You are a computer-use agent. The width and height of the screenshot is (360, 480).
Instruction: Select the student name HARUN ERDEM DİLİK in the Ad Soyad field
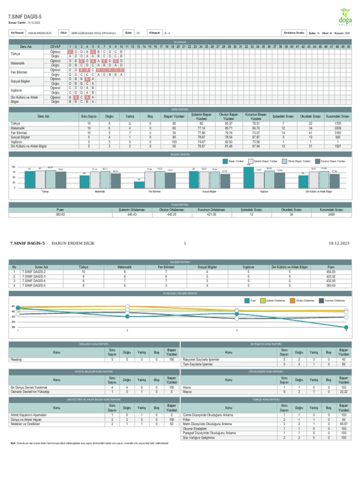tap(39, 33)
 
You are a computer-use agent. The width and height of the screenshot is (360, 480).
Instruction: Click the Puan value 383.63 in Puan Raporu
tap(60, 214)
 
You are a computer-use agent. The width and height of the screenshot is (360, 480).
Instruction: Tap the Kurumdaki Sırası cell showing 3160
tap(338, 133)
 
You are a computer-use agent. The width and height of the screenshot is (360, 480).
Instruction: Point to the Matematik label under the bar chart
tap(99, 192)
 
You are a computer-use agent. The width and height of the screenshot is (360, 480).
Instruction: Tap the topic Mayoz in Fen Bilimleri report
tap(187, 391)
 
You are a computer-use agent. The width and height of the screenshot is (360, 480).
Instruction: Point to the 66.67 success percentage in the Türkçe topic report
tap(344, 424)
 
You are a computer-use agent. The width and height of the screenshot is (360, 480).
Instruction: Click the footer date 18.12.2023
tap(339, 243)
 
